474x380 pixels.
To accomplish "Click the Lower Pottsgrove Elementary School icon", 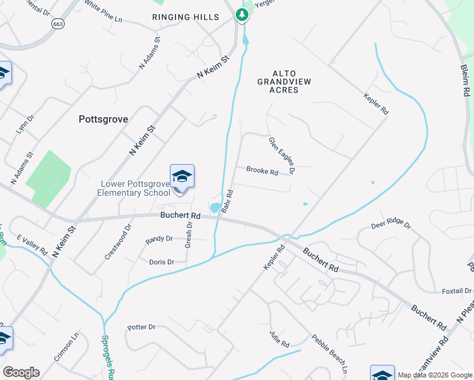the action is coord(182,177).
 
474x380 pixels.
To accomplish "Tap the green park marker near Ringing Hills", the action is coord(242,14).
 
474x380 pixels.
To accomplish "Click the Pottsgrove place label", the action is coord(103,119).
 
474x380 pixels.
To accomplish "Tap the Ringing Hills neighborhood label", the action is coord(186,17).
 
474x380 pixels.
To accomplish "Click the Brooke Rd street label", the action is coord(262,172).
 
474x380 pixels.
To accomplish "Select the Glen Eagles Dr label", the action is coord(283,156).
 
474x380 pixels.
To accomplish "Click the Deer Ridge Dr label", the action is coord(391,225).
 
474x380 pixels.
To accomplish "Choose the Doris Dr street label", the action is coord(162,262).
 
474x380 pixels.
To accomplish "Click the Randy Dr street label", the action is coord(159,239).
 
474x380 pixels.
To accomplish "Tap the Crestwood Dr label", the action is coord(118,241).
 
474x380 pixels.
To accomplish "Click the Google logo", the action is coord(21,372).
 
